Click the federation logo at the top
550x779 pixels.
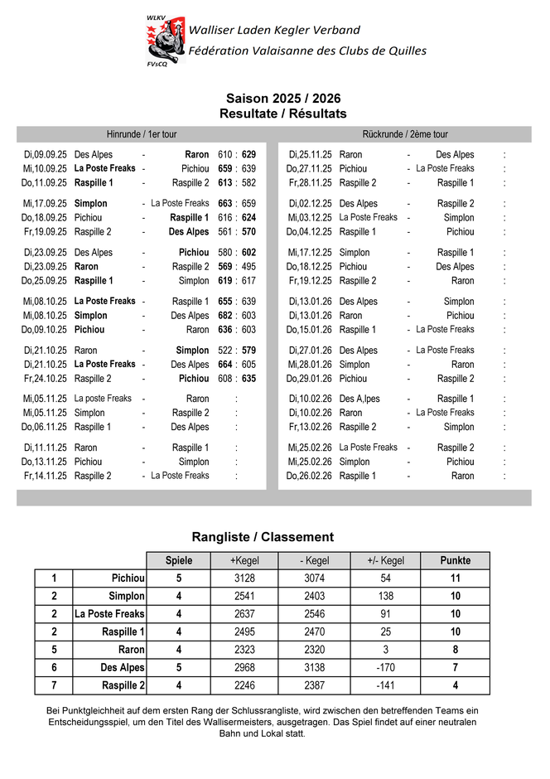pyautogui.click(x=165, y=41)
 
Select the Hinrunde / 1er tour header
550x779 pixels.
pyautogui.click(x=142, y=134)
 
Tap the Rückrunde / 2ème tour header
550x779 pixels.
pyautogui.click(x=405, y=134)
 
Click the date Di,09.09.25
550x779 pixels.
pyautogui.click(x=46, y=155)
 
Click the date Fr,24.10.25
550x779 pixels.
pyautogui.click(x=46, y=379)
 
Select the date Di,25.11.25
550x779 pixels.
pyautogui.click(x=311, y=155)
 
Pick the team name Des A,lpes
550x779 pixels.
pyautogui.click(x=359, y=399)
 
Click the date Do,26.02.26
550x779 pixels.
pyautogui.click(x=310, y=476)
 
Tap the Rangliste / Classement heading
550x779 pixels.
pyautogui.click(x=263, y=537)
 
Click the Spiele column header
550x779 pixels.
pyautogui.click(x=179, y=561)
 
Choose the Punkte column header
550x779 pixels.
pyautogui.click(x=455, y=561)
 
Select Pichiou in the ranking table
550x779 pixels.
pyautogui.click(x=128, y=578)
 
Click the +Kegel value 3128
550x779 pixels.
pyautogui.click(x=245, y=578)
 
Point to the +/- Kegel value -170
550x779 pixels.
pyautogui.click(x=386, y=668)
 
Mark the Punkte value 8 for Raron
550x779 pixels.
pyautogui.click(x=455, y=651)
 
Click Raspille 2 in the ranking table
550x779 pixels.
pyautogui.click(x=123, y=686)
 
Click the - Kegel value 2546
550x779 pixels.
pyautogui.click(x=315, y=614)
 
